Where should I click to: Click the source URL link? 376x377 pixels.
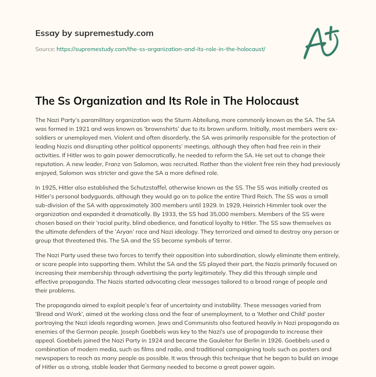point(161,49)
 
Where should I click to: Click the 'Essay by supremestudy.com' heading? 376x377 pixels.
point(94,33)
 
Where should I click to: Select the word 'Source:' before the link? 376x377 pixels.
point(45,49)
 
